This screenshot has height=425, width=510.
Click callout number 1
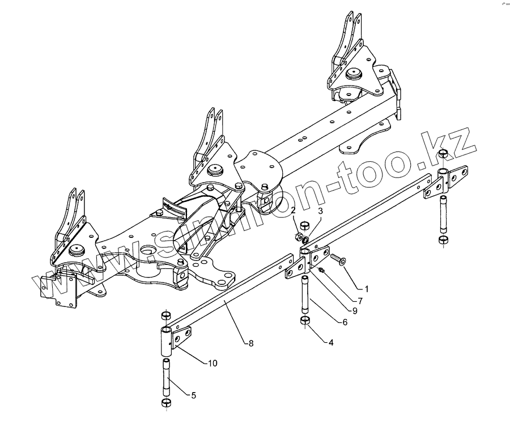pyautogui.click(x=367, y=289)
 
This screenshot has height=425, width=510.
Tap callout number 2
pyautogui.click(x=294, y=211)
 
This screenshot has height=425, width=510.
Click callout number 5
pyautogui.click(x=194, y=395)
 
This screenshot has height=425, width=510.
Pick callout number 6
pyautogui.click(x=344, y=321)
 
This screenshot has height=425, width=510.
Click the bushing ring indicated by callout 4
pyautogui.click(x=304, y=323)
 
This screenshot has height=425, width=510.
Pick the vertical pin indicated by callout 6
pyautogui.click(x=304, y=294)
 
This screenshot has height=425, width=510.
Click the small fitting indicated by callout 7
pyautogui.click(x=321, y=270)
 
